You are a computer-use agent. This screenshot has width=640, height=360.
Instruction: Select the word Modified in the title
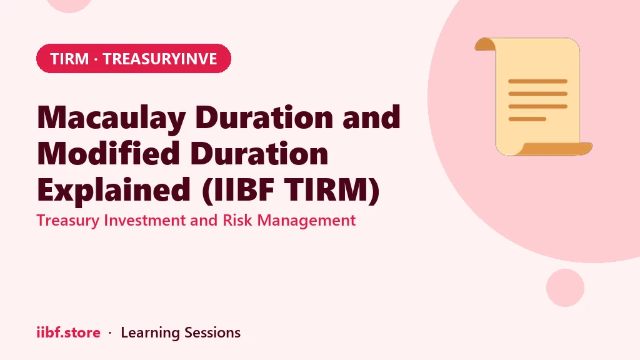coord(109,153)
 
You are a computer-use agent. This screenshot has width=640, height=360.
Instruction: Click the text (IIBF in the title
coord(237,190)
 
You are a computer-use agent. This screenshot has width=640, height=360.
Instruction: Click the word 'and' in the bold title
coord(371,117)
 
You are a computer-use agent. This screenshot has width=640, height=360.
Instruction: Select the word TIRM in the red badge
coord(69,59)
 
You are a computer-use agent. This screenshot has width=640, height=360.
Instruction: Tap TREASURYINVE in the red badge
coord(159,59)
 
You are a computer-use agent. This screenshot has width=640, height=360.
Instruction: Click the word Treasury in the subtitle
coord(68,221)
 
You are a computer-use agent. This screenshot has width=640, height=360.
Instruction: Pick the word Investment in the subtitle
coord(145,221)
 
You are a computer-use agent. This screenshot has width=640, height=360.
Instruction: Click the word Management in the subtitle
coord(306,221)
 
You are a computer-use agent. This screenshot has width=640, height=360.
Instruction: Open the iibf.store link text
coord(69,332)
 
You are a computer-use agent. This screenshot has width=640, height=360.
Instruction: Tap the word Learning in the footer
coord(150,333)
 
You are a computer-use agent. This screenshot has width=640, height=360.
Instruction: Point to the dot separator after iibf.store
coord(110,333)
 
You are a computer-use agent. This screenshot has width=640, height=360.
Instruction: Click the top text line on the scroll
coord(537,81)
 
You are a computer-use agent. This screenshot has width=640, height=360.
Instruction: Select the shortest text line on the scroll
coord(527,119)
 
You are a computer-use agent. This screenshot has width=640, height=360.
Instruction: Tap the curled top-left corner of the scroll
coord(484,44)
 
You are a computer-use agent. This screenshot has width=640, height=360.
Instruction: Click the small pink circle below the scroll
coord(565,287)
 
